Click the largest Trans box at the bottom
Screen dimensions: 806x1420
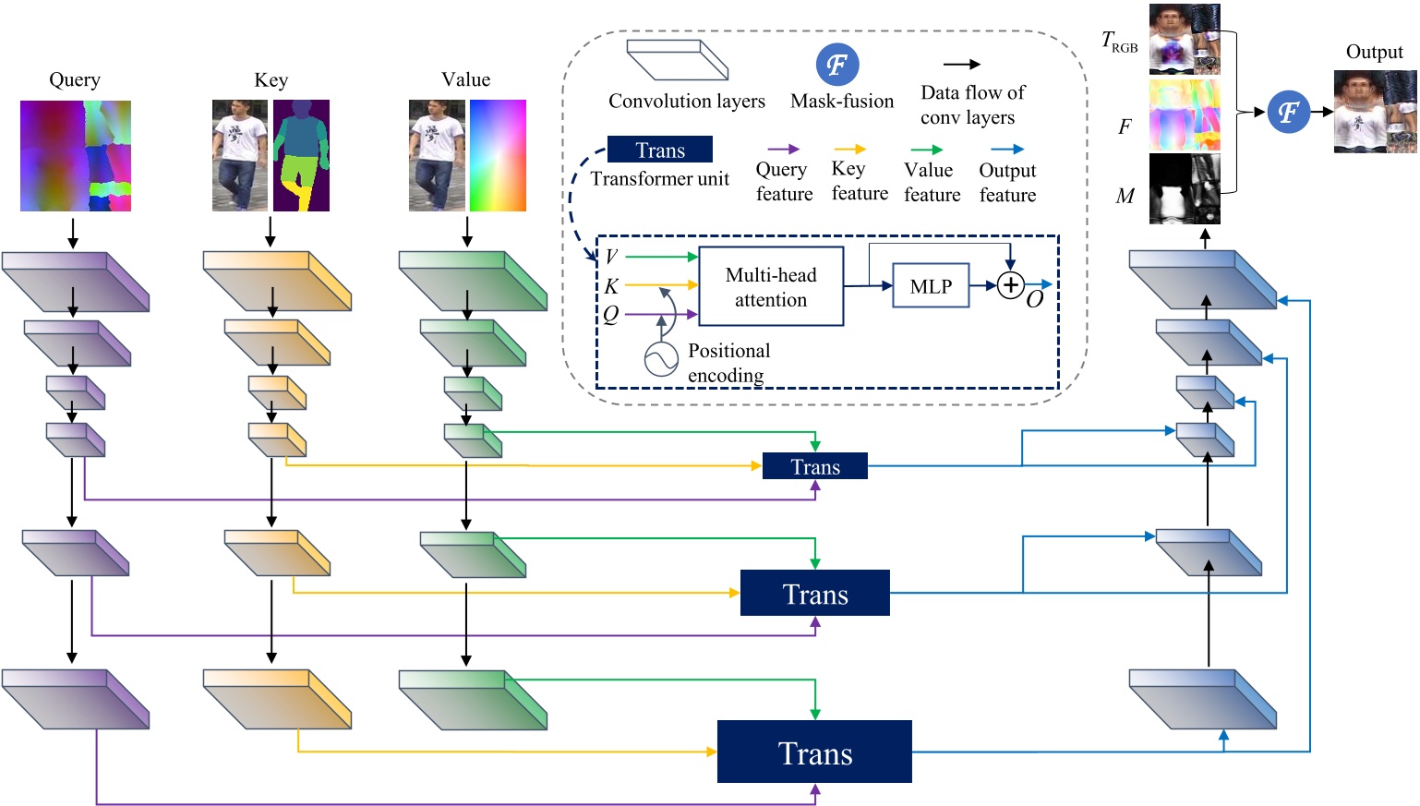tap(814, 752)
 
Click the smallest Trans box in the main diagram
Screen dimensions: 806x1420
tap(814, 466)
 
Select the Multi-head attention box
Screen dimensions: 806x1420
tap(771, 286)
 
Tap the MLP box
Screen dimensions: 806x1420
tap(931, 286)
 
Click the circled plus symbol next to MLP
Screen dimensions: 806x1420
tap(1011, 285)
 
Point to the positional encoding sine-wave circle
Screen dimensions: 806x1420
tap(661, 360)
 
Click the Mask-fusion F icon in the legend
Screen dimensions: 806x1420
tap(837, 65)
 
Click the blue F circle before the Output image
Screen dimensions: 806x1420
tap(1288, 113)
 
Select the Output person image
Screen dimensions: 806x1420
tap(1374, 112)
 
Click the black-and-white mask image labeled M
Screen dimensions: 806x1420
tap(1185, 188)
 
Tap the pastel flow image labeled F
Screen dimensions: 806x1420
tap(1185, 115)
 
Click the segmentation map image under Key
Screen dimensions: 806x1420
tap(301, 155)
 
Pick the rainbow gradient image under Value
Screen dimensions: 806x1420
tap(498, 155)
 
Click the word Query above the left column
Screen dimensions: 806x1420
tap(75, 79)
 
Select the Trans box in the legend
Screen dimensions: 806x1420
tap(659, 150)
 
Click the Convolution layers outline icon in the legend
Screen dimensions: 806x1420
tap(678, 60)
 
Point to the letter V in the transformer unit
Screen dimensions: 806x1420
tap(611, 257)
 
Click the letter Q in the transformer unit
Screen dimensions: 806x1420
tap(611, 315)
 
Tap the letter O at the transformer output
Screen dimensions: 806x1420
tap(1035, 300)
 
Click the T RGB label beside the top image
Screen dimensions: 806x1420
tap(1119, 42)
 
